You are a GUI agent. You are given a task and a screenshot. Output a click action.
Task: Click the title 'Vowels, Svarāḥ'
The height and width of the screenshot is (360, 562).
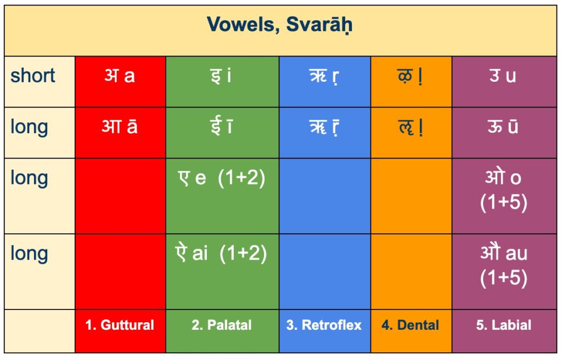(x=279, y=25)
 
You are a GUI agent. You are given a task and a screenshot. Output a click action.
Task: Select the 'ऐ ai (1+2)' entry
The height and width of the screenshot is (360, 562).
(x=221, y=253)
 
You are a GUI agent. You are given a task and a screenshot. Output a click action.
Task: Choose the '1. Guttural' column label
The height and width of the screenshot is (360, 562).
(x=120, y=325)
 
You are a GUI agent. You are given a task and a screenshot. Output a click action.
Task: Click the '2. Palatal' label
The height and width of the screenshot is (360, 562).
(x=222, y=325)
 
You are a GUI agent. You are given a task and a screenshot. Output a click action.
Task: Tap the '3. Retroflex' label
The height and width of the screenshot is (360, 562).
(x=324, y=325)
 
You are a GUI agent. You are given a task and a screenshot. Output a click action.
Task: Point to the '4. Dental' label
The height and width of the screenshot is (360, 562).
(x=411, y=325)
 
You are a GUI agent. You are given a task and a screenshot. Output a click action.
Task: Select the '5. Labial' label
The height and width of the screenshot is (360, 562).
(x=504, y=325)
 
